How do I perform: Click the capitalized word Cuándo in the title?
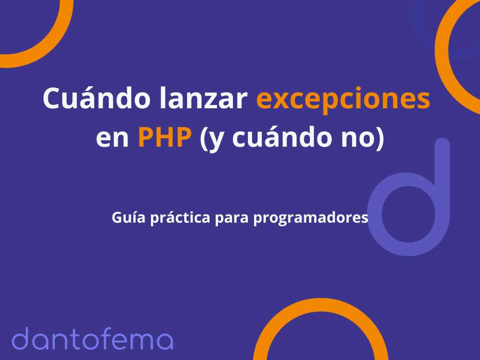click(x=97, y=98)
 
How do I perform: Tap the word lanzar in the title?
click(x=203, y=98)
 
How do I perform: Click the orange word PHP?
click(x=165, y=137)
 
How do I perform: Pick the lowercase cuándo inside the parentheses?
click(x=282, y=137)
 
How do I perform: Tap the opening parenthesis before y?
click(x=203, y=138)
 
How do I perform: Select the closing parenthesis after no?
click(x=380, y=138)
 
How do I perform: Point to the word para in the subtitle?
click(x=232, y=219)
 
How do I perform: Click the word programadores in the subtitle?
click(x=310, y=218)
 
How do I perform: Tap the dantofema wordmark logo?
click(x=92, y=338)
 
